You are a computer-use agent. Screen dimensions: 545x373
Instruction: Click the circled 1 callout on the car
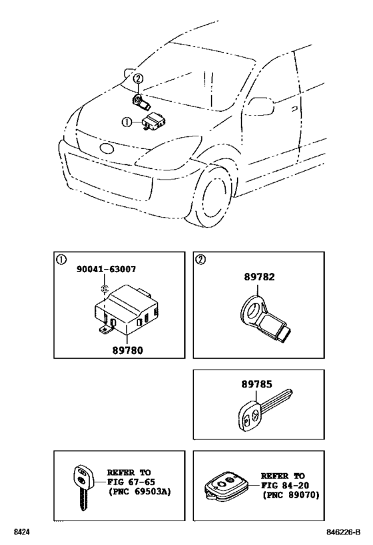[x=127, y=122]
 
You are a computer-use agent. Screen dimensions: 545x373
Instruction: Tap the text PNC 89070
[x=292, y=495]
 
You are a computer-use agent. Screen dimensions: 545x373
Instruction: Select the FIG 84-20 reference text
[x=287, y=486]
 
